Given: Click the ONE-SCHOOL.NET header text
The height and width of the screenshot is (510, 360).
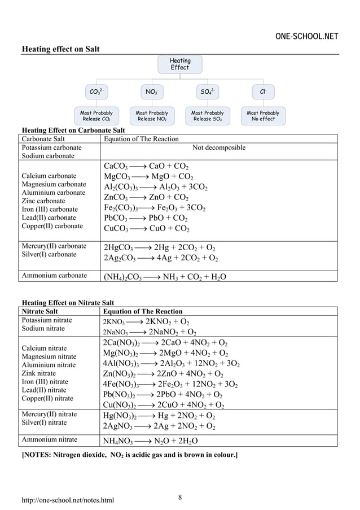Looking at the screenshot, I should (306, 37).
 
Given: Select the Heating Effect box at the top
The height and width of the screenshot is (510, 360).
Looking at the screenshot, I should (180, 64).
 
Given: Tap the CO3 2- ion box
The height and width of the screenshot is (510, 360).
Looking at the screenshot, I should (96, 91).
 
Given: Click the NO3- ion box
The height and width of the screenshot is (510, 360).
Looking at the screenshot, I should (152, 91).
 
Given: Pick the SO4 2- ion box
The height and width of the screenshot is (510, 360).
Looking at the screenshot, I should (207, 91).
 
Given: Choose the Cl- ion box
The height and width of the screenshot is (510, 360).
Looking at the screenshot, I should (262, 91).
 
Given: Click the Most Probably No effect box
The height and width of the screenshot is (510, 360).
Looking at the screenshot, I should (262, 116).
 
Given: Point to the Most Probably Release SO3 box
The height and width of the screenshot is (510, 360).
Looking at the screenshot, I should (207, 116).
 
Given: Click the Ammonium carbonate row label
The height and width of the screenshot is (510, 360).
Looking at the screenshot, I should (54, 276).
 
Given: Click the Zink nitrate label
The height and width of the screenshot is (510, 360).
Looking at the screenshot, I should (39, 373).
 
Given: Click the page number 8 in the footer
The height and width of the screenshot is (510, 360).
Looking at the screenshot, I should (180, 498).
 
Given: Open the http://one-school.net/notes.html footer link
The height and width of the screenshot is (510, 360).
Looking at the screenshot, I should (68, 500).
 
